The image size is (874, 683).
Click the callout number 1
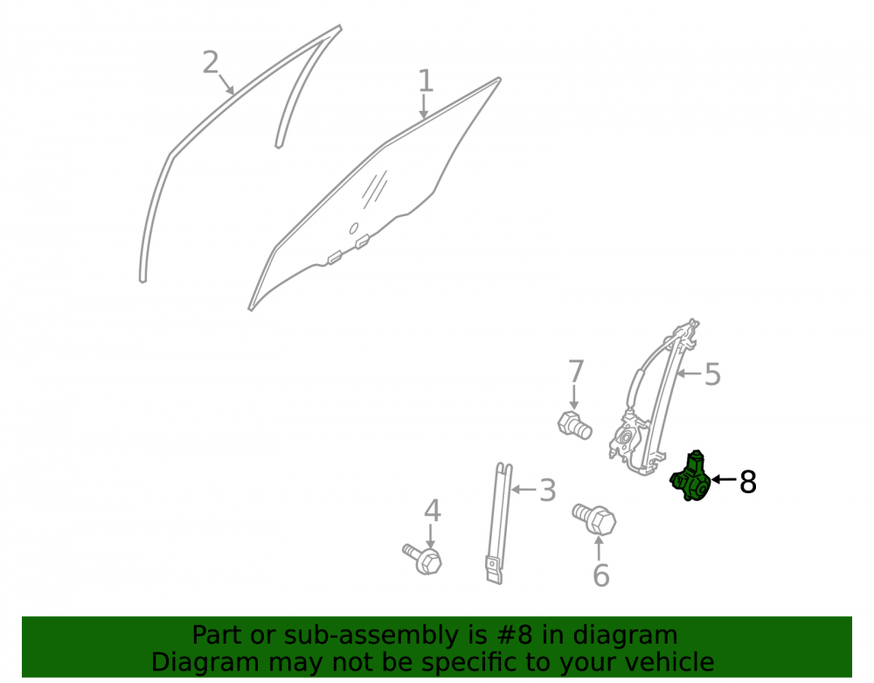tap(426, 80)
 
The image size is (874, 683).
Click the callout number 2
tap(210, 62)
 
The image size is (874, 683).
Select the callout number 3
tap(548, 491)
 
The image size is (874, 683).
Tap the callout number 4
tap(433, 512)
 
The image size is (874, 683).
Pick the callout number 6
tap(601, 575)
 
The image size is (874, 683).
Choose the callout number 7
tap(576, 372)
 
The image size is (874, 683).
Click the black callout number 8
tap(748, 482)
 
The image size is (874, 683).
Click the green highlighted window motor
tap(690, 477)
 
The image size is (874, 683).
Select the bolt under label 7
tap(575, 425)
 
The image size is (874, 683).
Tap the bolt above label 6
tap(594, 519)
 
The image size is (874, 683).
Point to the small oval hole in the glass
tap(353, 228)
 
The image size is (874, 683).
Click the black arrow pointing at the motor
tap(725, 479)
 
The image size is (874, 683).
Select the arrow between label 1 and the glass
tap(424, 107)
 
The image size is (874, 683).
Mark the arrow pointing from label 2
tap(225, 84)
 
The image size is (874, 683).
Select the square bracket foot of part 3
tap(494, 570)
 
